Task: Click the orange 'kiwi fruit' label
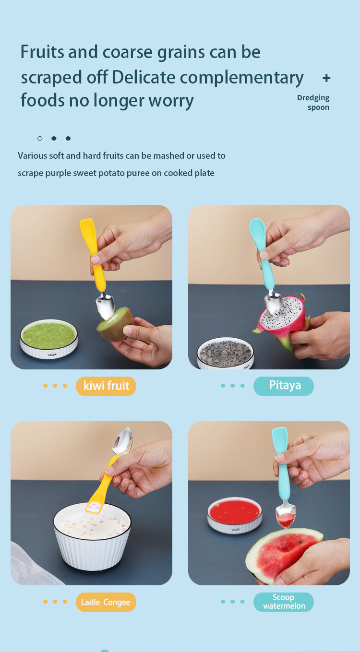pyautogui.click(x=106, y=386)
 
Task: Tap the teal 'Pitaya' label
pyautogui.click(x=283, y=386)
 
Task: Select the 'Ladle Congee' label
pyautogui.click(x=106, y=602)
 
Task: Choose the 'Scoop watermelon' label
pyautogui.click(x=283, y=602)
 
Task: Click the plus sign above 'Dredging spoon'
pyautogui.click(x=326, y=78)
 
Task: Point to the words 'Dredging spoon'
pyautogui.click(x=313, y=103)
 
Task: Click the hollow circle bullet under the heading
pyautogui.click(x=40, y=138)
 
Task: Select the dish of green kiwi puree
pyautogui.click(x=48, y=338)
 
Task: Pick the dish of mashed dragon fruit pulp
pyautogui.click(x=225, y=354)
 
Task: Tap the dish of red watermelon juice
pyautogui.click(x=234, y=515)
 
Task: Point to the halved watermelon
pyautogui.click(x=284, y=556)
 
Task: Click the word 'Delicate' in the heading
pyautogui.click(x=143, y=77)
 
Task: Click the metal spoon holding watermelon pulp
pyautogui.click(x=286, y=516)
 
